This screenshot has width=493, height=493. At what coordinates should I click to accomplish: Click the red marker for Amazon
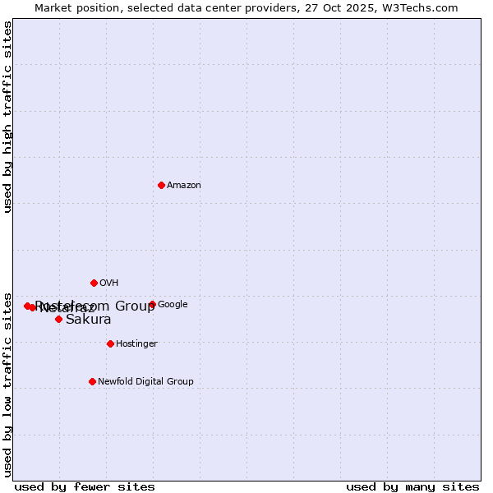pos(161,185)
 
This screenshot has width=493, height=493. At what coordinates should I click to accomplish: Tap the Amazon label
pos(184,186)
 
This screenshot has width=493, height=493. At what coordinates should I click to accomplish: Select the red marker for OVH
pos(94,283)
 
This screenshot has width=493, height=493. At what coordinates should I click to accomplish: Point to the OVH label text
pos(109,283)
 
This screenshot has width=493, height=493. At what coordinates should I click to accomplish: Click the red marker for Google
pos(152,304)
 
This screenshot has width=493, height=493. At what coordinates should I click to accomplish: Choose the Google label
pos(173,305)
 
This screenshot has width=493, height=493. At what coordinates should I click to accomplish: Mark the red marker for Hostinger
pos(110,343)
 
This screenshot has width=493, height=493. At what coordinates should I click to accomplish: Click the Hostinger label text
pos(136,344)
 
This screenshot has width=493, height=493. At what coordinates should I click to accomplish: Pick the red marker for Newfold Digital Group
pos(92,381)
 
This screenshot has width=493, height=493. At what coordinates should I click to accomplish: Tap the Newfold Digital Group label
pos(145,382)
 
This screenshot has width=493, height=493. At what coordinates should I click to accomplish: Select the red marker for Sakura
pos(58,319)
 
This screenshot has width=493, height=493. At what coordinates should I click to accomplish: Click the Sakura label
pos(88,320)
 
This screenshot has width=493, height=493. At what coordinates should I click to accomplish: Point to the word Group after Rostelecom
pos(135,306)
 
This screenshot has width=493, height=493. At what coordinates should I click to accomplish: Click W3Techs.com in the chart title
pos(424,8)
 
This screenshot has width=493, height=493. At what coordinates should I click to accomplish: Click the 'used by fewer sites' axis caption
pos(85,486)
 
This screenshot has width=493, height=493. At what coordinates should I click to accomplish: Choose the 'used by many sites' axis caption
pos(412,486)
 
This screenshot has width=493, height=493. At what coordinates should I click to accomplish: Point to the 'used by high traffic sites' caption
pos(8,117)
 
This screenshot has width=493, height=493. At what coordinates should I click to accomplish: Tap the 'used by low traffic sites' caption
pos(8,384)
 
